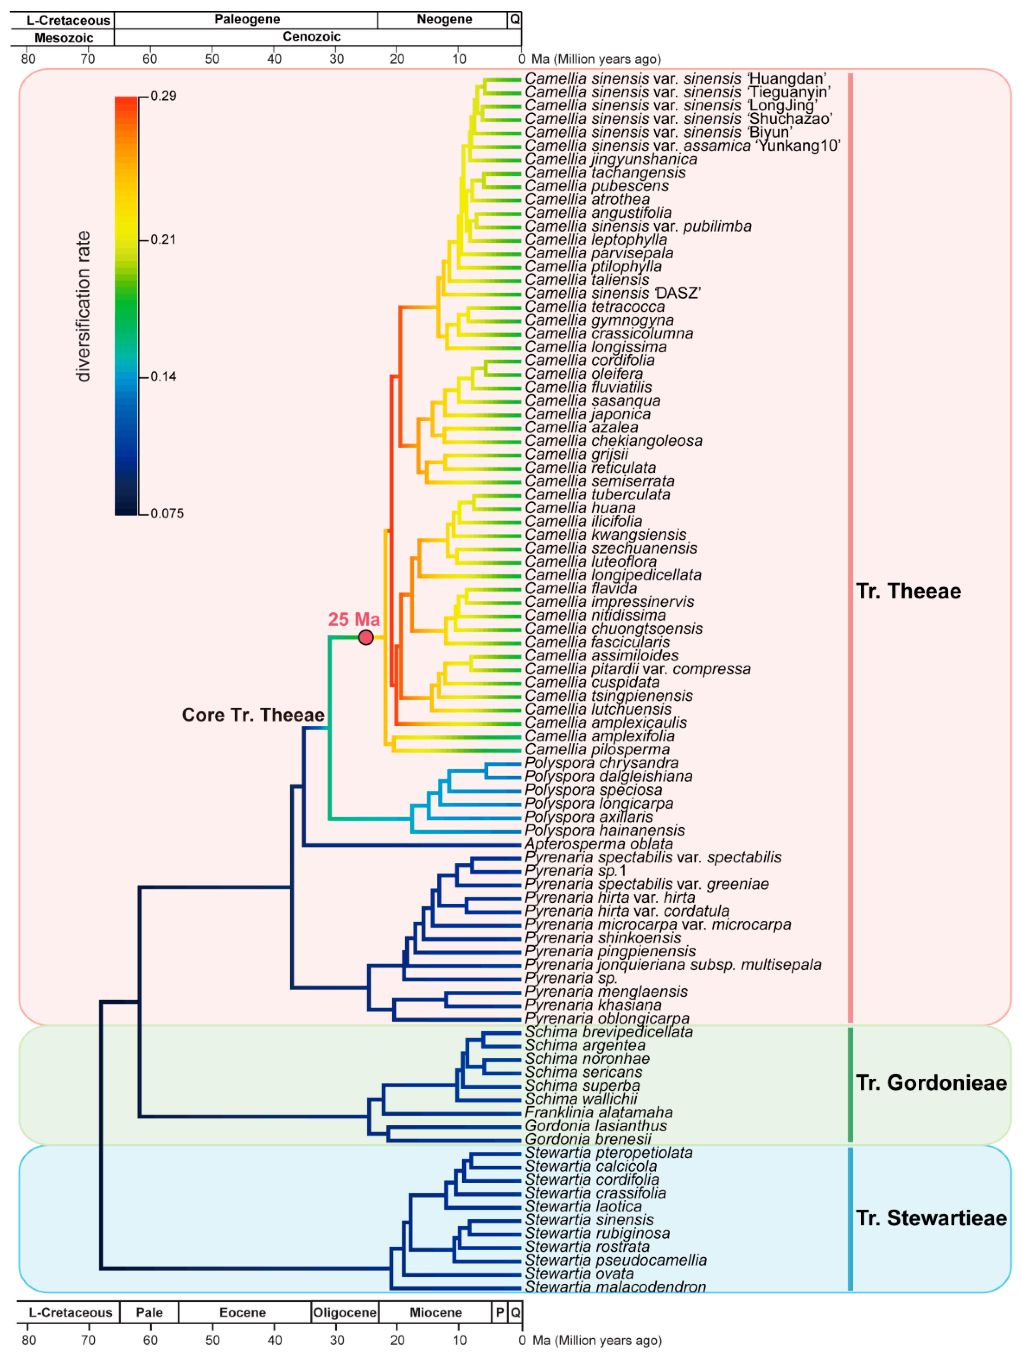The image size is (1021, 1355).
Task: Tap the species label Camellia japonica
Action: point(587,414)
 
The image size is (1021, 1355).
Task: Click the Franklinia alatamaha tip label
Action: point(598,1112)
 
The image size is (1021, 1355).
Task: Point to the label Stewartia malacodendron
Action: point(615,1287)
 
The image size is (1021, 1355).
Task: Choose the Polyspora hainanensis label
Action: point(604,830)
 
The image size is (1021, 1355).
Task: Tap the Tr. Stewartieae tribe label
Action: point(930,1218)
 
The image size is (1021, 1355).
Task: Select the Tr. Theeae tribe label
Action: point(908,591)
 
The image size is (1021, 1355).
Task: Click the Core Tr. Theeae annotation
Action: point(253,715)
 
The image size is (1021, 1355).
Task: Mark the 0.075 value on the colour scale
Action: point(167,513)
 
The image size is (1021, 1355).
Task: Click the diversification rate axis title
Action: point(83,306)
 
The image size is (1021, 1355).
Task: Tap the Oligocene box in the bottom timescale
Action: point(345,1312)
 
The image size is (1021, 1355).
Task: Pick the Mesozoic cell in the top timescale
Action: point(64,37)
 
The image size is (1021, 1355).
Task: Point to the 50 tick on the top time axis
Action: point(212,59)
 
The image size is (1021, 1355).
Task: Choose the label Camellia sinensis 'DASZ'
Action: point(612,293)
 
